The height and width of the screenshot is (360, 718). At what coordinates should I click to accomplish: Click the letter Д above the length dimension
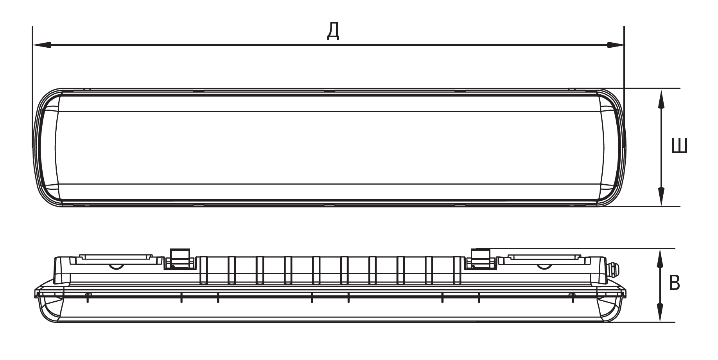[333, 31]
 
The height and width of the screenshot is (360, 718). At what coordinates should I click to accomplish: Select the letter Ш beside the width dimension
[679, 146]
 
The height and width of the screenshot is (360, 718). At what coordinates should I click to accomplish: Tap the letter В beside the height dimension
[675, 283]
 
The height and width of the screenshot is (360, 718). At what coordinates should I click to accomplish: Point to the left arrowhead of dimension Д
[42, 45]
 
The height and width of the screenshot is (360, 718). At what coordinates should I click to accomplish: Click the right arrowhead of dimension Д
[615, 45]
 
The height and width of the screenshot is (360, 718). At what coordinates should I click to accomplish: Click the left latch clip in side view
[180, 259]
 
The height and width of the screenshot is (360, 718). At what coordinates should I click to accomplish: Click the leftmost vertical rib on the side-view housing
[204, 270]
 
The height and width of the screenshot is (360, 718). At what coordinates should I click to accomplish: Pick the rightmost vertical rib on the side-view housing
[457, 270]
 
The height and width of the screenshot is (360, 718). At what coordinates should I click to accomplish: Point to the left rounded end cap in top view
[48, 148]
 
